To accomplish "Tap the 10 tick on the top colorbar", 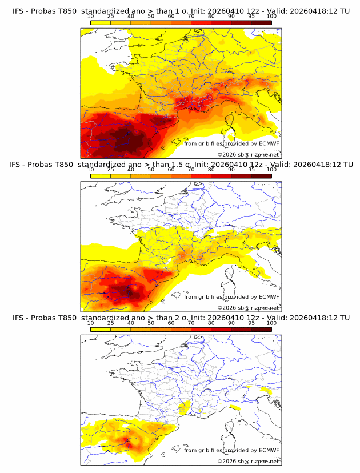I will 90,16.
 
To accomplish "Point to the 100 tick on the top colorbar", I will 271,16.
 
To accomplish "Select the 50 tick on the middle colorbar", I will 151,170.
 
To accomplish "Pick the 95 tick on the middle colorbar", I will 251,170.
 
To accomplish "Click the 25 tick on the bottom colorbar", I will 110,323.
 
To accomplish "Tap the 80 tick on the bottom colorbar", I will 211,323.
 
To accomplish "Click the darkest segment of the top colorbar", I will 261,22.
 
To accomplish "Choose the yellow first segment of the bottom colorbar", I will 100,329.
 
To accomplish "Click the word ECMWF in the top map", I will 269,143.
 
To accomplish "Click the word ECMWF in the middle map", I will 269,296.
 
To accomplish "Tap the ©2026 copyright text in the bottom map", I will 249,461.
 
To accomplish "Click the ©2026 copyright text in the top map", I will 249,155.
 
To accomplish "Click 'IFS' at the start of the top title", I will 19,11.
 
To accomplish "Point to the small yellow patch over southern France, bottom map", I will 184,408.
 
